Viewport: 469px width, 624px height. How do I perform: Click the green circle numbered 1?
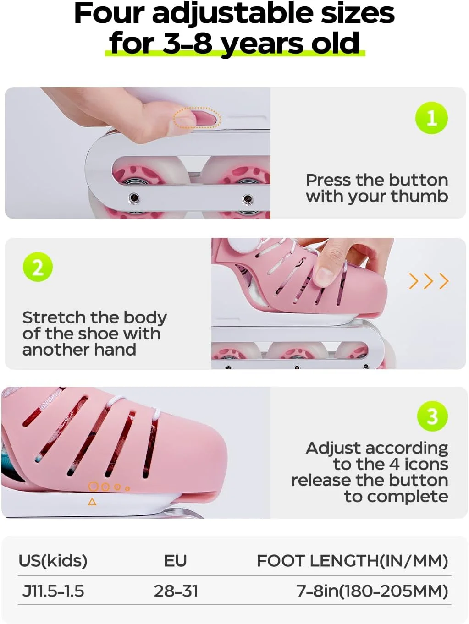(x=431, y=118)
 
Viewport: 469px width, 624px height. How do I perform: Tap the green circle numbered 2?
(x=38, y=267)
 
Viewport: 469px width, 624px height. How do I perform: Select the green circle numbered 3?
(x=432, y=416)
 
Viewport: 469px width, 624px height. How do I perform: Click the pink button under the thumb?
(x=204, y=118)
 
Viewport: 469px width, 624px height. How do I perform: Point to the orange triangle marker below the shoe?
(x=92, y=502)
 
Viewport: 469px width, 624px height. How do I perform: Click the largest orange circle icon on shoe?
(x=93, y=487)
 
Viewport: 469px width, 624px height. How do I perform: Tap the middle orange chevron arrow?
(x=429, y=281)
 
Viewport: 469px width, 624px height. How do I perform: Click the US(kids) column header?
(x=53, y=561)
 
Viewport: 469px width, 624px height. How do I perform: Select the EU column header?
(x=175, y=561)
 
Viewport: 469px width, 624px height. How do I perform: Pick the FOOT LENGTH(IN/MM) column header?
(x=353, y=561)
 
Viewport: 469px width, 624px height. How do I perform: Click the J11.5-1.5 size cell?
(x=53, y=591)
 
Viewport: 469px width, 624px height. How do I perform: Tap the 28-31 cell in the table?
(x=176, y=591)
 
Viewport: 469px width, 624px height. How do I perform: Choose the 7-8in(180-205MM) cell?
(x=372, y=591)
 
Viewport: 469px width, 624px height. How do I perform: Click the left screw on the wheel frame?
(x=134, y=197)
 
